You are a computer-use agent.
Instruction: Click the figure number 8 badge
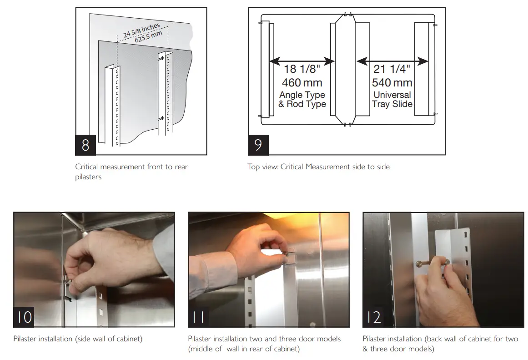85,145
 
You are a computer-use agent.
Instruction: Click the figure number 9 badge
258,145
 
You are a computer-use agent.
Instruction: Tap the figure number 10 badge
24,316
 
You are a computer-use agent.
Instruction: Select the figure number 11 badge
199,316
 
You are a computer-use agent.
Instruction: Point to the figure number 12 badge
373,316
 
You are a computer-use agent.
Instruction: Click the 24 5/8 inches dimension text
141,29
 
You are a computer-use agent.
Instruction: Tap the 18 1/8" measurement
302,69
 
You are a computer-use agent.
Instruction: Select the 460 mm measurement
302,82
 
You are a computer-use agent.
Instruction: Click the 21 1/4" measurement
392,69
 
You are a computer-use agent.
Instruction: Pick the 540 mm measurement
392,82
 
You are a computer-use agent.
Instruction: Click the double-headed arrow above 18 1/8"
302,60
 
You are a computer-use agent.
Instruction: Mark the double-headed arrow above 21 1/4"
392,60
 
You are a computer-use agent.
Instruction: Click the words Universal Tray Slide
392,99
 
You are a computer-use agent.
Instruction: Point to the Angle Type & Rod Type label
302,99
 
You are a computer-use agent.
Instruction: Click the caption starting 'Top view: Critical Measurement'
318,167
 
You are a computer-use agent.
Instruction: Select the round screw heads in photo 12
432,262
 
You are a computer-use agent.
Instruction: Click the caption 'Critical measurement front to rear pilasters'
131,172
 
